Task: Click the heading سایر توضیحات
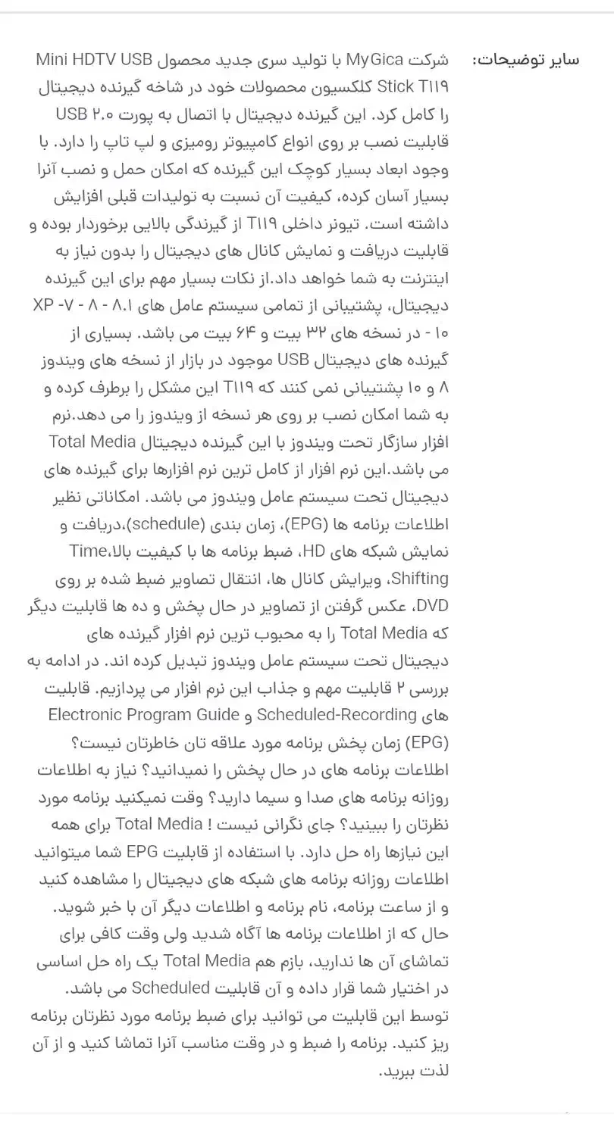[x=526, y=60]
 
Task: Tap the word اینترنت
[x=421, y=279]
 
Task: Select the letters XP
[x=45, y=306]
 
